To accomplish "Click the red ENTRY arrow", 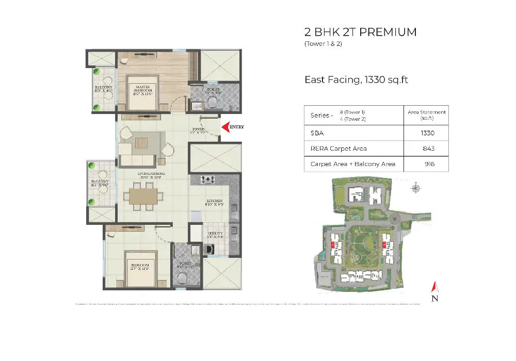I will pyautogui.click(x=225, y=126).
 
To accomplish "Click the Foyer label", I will pyautogui.click(x=199, y=130).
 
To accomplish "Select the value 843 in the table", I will pyautogui.click(x=428, y=149).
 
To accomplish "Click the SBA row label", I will pyautogui.click(x=316, y=133).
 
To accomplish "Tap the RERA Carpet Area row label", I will pyautogui.click(x=338, y=149).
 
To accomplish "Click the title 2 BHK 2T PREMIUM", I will pyautogui.click(x=360, y=32).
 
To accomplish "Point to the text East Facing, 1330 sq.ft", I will pyautogui.click(x=357, y=80).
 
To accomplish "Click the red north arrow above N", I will pyautogui.click(x=434, y=286).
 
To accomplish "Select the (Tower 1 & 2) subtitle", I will pyautogui.click(x=324, y=44).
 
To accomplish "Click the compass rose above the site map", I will pyautogui.click(x=415, y=188).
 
